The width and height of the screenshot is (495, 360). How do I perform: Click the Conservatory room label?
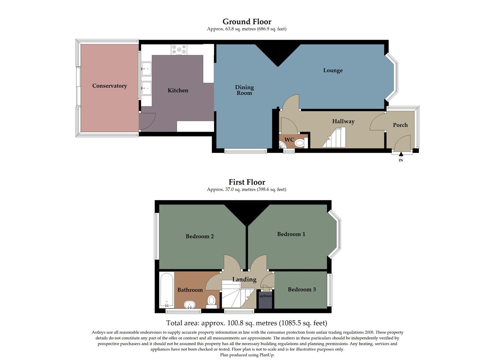coord(109,86)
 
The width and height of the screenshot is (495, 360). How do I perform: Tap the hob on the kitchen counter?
coord(179,50)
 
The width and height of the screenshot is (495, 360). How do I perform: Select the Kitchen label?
coord(178,90)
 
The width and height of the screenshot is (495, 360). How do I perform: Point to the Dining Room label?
coord(244,90)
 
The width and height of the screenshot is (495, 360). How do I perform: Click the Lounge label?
coord(333,70)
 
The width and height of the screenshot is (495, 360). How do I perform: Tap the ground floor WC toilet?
coord(299,143)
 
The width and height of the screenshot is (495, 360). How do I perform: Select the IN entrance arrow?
coord(401,154)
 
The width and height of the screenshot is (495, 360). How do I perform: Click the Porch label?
coord(400,125)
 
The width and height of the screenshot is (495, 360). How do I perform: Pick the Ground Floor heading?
coord(247,22)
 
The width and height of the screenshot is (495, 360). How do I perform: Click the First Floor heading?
coord(247,182)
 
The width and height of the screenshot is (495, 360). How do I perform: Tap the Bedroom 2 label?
coord(200,236)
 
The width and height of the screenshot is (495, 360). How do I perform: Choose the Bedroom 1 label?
coord(291,234)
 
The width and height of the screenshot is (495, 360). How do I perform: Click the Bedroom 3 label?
coord(302,289)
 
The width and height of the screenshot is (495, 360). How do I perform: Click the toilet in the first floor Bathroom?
coord(211,301)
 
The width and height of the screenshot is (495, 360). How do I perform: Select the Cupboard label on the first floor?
coord(266,296)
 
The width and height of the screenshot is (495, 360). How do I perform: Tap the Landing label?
coord(244,279)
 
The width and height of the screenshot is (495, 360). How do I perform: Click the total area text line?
coord(247,323)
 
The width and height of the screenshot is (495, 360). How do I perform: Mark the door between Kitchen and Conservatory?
coord(147,121)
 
